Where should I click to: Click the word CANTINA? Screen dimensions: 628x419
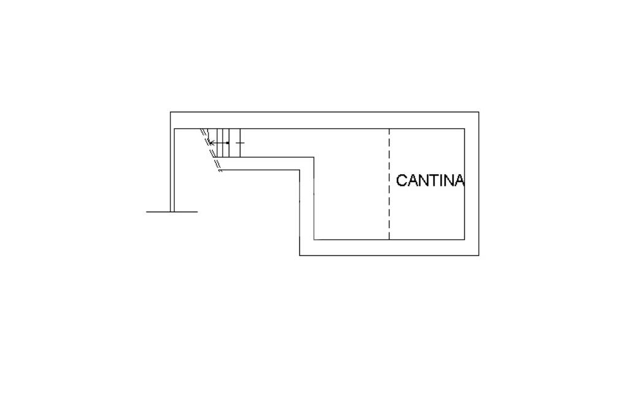click(x=430, y=180)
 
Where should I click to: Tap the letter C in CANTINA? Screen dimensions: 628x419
click(x=402, y=180)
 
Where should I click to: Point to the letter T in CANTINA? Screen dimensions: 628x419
click(x=431, y=180)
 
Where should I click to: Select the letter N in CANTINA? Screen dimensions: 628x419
click(x=421, y=180)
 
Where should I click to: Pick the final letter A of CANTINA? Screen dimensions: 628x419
click(x=459, y=180)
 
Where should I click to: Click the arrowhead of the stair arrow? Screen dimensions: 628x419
click(x=211, y=143)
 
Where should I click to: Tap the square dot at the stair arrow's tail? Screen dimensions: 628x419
click(x=228, y=143)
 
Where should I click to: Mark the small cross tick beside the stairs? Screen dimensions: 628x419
click(x=240, y=143)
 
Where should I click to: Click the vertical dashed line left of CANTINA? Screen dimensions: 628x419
click(x=389, y=184)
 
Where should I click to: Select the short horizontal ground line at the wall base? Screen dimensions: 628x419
click(x=172, y=212)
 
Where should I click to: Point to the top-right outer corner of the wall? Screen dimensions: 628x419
click(x=478, y=112)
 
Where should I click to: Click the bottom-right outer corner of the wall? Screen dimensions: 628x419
click(x=478, y=255)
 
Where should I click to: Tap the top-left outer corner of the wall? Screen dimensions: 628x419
click(x=170, y=112)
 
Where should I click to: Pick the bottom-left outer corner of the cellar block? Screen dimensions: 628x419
click(x=300, y=255)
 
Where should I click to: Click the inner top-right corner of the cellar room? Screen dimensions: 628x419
click(x=464, y=129)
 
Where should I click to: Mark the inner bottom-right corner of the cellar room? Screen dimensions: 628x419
click(x=464, y=239)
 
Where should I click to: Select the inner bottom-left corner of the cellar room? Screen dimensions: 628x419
click(x=315, y=239)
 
